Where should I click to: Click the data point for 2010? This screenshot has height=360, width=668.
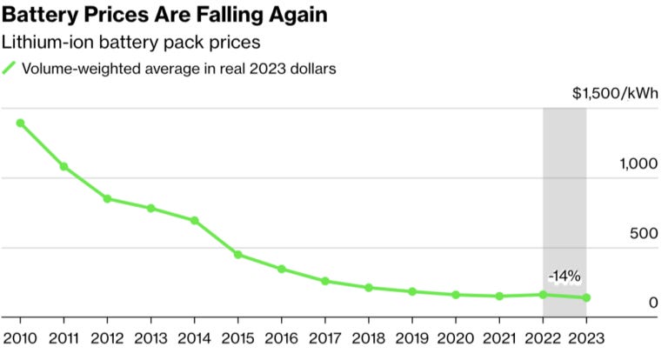[20, 123]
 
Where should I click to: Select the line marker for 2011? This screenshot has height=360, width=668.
[63, 166]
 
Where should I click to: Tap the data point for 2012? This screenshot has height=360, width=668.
[107, 198]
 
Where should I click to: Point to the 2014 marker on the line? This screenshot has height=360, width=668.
[194, 220]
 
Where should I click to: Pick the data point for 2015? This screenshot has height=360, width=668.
[237, 255]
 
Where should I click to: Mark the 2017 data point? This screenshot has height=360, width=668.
[324, 281]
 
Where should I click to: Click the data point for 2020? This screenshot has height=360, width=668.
[456, 295]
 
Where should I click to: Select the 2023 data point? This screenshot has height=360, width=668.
[586, 297]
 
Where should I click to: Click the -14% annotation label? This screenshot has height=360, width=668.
[564, 277]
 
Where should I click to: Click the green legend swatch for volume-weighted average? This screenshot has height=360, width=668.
[10, 69]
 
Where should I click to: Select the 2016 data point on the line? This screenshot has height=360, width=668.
[281, 269]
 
